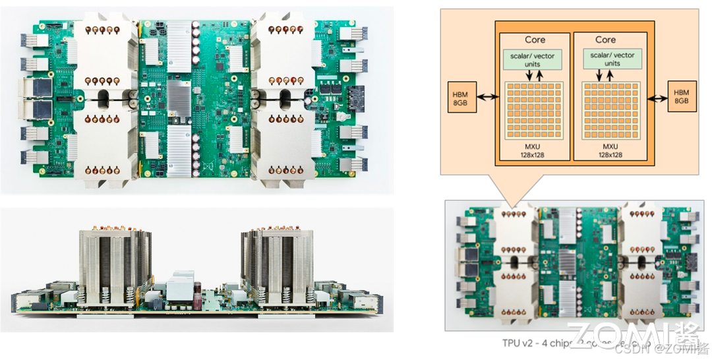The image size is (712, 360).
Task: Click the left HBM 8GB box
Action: pos(461,97)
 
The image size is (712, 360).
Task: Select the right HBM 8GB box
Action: pos(681,97)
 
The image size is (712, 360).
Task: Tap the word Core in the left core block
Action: pos(535,40)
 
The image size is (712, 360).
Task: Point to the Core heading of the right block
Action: pos(605,40)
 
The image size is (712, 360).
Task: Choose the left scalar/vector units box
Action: pos(533,60)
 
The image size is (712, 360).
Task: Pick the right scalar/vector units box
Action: pos(611,60)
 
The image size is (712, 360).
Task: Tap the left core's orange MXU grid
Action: pos(533,109)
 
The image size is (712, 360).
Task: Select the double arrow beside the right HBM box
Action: pos(657,98)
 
